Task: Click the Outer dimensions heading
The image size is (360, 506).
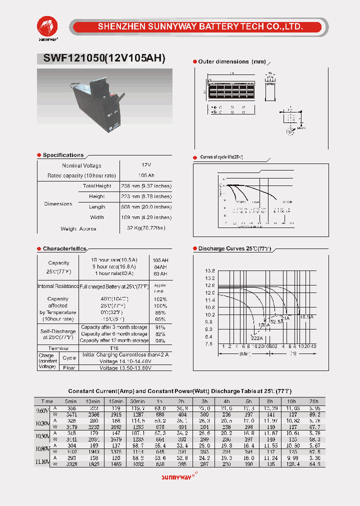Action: tap(223, 61)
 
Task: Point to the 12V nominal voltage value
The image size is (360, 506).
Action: tap(146, 165)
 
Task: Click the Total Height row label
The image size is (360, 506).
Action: tap(97, 186)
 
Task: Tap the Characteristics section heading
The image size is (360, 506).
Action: tap(64, 248)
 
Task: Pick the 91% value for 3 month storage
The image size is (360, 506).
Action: tap(160, 327)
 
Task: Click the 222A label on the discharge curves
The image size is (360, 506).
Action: tap(257, 338)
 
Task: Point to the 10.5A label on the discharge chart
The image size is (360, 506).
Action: tap(306, 316)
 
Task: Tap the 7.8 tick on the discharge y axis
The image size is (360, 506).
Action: tap(209, 343)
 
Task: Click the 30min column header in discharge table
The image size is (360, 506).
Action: tap(137, 401)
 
